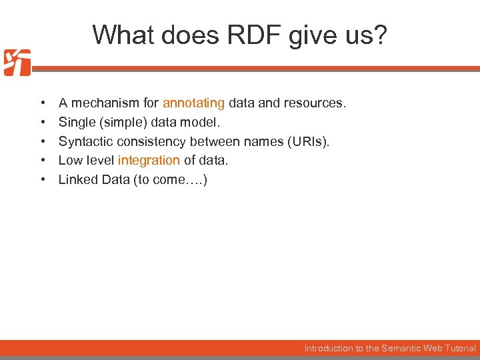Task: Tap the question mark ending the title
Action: tap(379, 35)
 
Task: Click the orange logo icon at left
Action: tap(17, 63)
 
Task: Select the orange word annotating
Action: tap(193, 103)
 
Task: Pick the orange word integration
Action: tap(149, 161)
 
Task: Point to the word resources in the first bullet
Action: tap(316, 103)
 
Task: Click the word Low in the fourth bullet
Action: tap(70, 161)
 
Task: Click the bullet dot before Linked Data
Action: tap(42, 180)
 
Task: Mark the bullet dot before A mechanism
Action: tap(42, 103)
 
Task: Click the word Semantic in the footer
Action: tap(403, 348)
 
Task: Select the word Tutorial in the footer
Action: tap(459, 348)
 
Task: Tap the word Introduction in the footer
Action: tap(329, 348)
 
